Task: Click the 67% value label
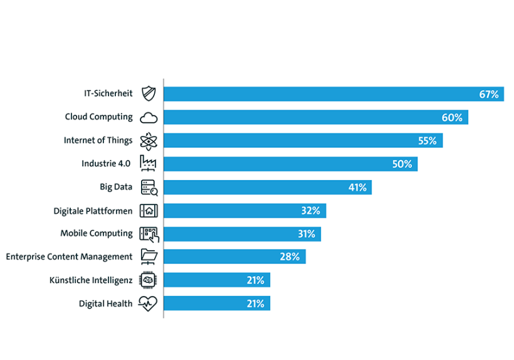click(488, 94)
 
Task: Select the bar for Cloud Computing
click(315, 117)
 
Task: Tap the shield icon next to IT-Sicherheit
click(149, 93)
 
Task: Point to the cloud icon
click(149, 117)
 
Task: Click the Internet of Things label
click(98, 140)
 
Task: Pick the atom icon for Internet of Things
click(149, 140)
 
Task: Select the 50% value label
click(402, 164)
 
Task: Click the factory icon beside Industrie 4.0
click(149, 164)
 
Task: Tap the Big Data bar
click(267, 187)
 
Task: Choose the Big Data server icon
click(149, 187)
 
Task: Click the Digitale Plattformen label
click(93, 210)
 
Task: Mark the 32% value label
click(310, 211)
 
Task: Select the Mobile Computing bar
click(242, 234)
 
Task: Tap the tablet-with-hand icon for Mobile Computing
click(149, 234)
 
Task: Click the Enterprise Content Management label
click(69, 257)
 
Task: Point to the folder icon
click(149, 257)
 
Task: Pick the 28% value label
click(290, 257)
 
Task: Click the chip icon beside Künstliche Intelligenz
click(149, 280)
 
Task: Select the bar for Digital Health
click(217, 304)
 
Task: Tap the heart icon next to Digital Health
click(149, 304)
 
